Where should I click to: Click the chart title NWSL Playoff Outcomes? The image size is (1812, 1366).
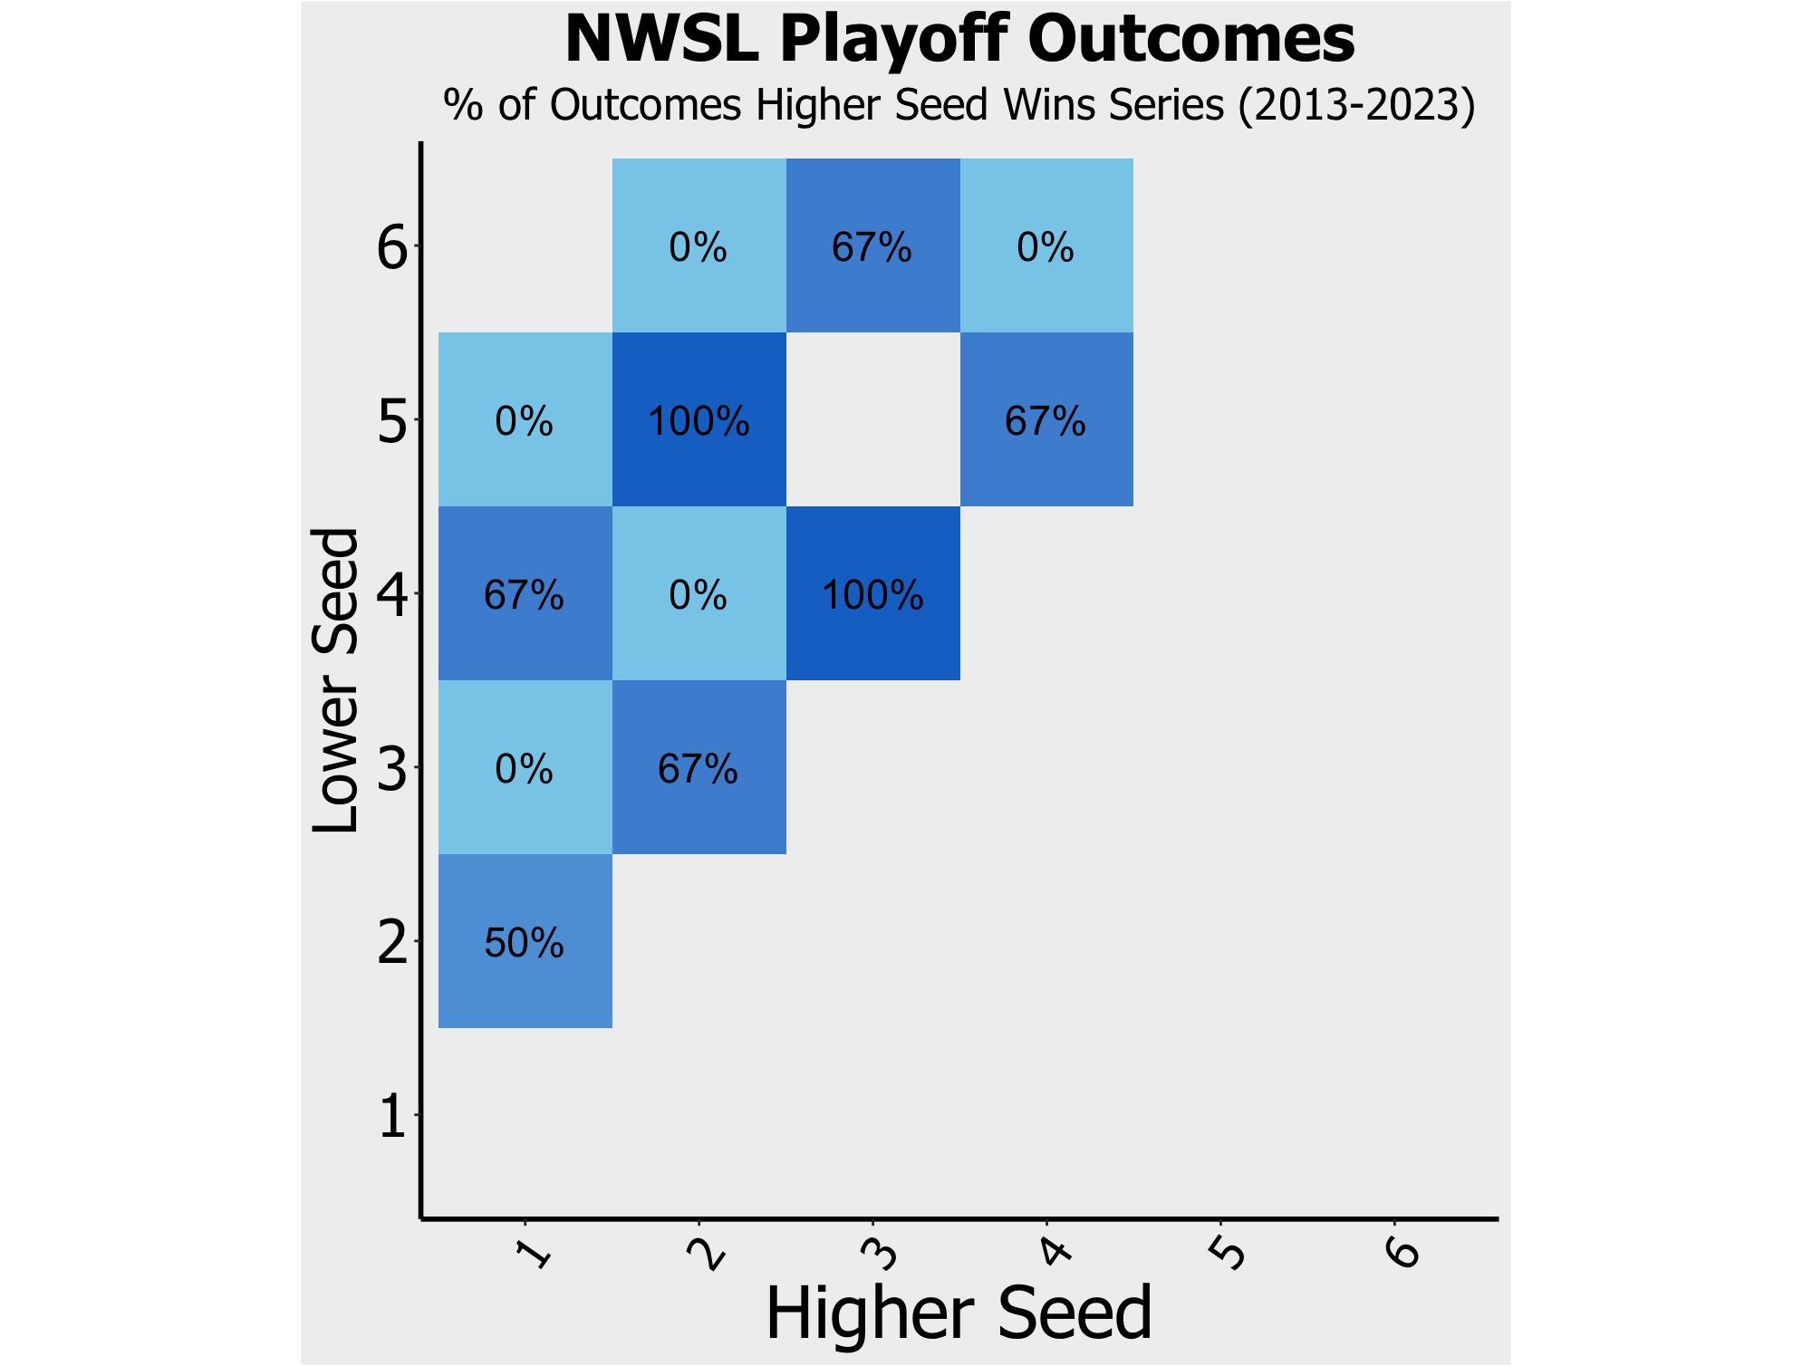tap(959, 40)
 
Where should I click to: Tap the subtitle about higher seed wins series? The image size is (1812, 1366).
tap(959, 105)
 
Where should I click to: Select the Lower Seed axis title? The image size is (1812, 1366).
tap(335, 680)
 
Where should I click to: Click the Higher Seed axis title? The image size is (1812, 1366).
tap(959, 1313)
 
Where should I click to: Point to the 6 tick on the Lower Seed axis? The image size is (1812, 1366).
tap(393, 247)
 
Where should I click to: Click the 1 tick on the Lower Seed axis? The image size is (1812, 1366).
tap(393, 1116)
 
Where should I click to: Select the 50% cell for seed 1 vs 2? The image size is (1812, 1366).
tap(525, 941)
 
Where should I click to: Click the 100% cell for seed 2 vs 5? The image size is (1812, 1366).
tap(699, 419)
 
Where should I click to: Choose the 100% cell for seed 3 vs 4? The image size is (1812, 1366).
tap(873, 593)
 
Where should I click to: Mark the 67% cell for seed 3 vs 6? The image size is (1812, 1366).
tap(873, 245)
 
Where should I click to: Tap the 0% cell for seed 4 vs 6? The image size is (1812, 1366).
tap(1046, 245)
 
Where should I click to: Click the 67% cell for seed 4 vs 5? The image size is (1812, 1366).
tap(1046, 419)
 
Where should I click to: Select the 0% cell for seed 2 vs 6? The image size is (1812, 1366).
tap(699, 245)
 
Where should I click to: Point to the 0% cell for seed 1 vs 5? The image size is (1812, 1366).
tap(525, 419)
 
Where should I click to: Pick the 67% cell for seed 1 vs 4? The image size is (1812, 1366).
tap(525, 593)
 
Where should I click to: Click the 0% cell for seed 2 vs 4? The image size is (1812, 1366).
tap(699, 593)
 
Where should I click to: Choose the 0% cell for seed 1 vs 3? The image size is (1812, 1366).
tap(525, 767)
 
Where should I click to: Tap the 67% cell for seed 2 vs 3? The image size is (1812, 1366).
tap(699, 767)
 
